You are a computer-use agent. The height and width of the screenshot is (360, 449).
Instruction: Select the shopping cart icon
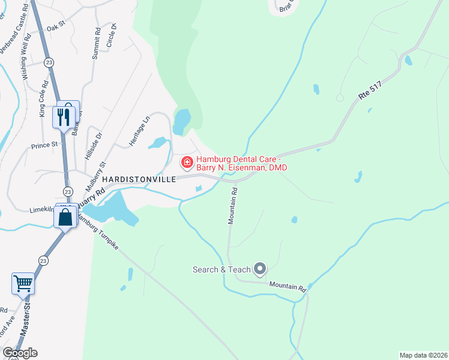23,283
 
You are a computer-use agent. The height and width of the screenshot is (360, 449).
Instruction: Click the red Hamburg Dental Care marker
187,162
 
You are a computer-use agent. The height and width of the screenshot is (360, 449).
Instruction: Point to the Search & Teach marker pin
260,269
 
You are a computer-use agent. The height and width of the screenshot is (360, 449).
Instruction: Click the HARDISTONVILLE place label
138,179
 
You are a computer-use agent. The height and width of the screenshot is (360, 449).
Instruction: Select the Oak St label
55,27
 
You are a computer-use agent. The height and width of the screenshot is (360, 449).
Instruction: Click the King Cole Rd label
43,99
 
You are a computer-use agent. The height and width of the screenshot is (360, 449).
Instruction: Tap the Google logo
20,353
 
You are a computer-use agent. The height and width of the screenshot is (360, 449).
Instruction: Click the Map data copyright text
423,355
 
